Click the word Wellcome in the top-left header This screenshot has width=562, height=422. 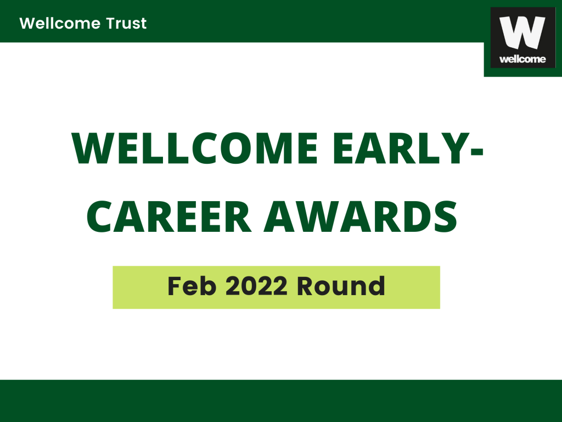60,23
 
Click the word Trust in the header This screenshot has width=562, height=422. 126,23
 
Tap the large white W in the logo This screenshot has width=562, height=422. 522,32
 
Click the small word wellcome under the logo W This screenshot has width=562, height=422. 522,59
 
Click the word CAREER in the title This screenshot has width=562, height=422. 168,216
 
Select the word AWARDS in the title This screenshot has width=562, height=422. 361,216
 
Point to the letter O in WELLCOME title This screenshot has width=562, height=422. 237,148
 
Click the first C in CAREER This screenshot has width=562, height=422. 101,216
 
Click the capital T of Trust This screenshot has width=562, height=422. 111,23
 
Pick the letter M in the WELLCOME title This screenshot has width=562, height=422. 277,148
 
